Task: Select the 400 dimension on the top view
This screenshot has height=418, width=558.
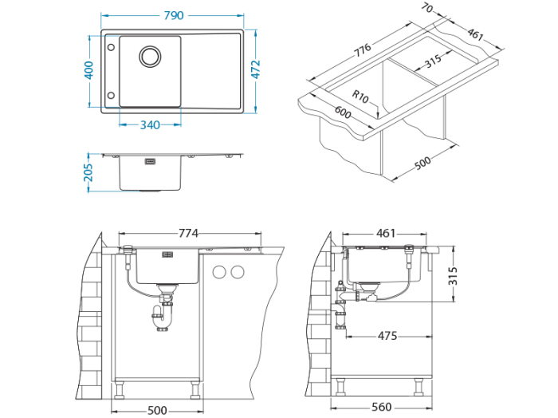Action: click(x=89, y=71)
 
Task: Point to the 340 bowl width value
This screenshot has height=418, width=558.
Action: click(x=150, y=124)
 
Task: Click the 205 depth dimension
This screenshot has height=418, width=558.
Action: click(x=88, y=172)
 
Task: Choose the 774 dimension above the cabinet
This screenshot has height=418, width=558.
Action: click(x=188, y=233)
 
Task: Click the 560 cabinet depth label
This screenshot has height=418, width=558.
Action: click(x=382, y=408)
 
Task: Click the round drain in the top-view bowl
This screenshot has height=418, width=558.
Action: click(x=150, y=56)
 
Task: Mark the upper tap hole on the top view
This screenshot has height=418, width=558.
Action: click(x=110, y=47)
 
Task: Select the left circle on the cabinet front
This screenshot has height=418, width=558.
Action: click(x=219, y=273)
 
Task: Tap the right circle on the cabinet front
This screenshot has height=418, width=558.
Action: click(x=237, y=273)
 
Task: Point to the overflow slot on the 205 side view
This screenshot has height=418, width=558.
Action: click(x=149, y=161)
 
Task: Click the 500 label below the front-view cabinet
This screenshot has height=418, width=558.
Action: click(x=157, y=409)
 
